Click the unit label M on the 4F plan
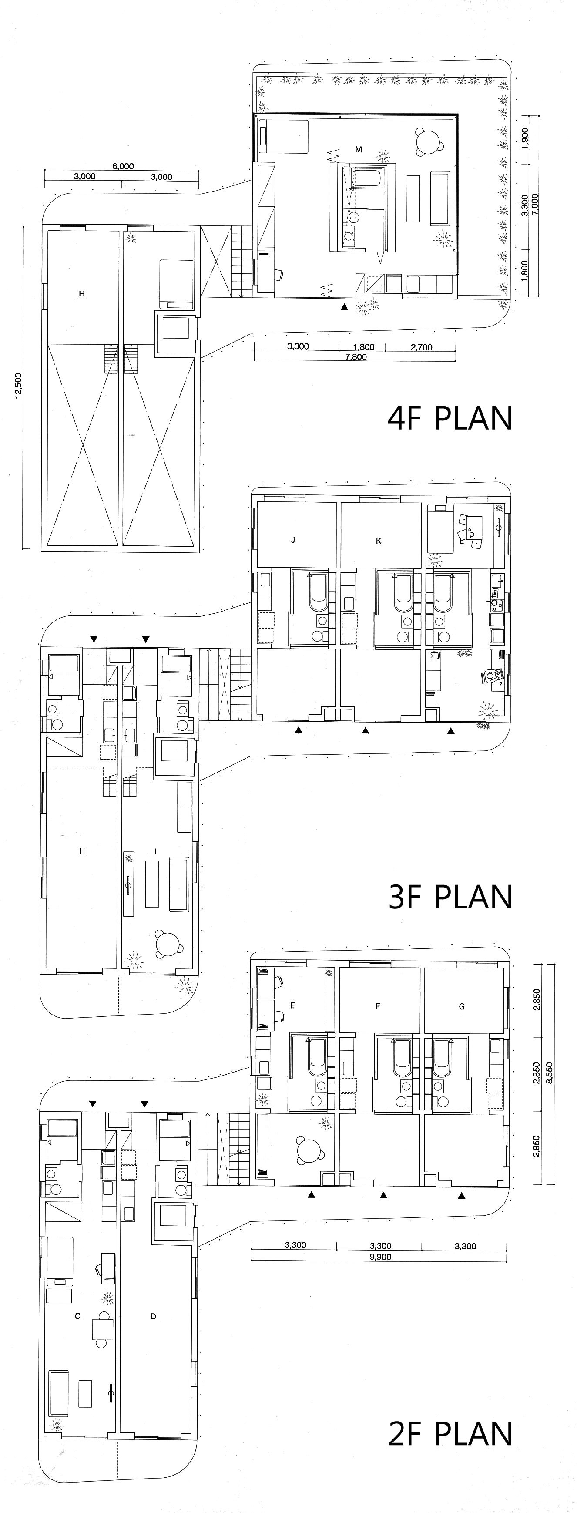(359, 150)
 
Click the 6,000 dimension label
(123, 166)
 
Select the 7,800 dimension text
(356, 356)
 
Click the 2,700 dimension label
(422, 346)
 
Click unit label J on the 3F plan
(293, 540)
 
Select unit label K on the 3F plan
(378, 540)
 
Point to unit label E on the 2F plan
(293, 1005)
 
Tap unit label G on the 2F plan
(462, 1006)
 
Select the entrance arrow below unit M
(345, 306)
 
